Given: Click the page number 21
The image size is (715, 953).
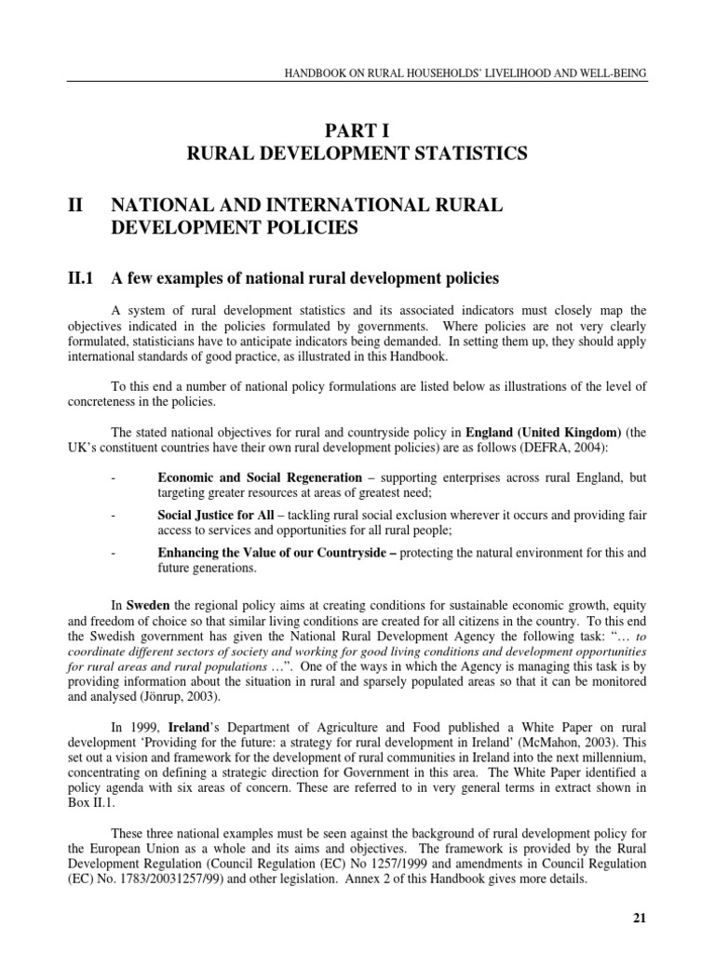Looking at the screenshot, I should tap(639, 918).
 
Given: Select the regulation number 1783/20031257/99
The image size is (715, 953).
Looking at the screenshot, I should tap(182, 878).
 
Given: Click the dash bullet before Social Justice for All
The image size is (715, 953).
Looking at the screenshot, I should tap(113, 515).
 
